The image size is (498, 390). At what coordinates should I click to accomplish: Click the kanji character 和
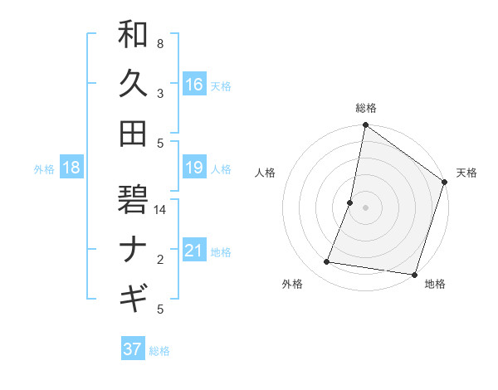(x=133, y=36)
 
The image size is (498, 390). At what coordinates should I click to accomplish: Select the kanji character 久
(x=133, y=84)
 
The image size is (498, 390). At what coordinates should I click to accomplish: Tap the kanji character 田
(x=133, y=133)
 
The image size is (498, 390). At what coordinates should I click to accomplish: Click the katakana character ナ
(x=133, y=248)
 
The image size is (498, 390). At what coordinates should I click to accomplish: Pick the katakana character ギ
(x=133, y=296)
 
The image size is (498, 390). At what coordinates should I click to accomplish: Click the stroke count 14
(x=161, y=210)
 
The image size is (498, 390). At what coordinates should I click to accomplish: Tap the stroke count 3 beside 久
(x=160, y=94)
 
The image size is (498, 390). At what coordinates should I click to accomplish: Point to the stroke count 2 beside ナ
(x=160, y=260)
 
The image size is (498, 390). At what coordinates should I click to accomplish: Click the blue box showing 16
(x=193, y=84)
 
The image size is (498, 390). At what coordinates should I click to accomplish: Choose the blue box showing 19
(x=193, y=168)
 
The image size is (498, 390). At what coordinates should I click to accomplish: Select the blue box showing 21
(x=193, y=251)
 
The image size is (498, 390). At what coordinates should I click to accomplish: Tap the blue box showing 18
(x=71, y=168)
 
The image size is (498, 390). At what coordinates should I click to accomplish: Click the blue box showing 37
(x=132, y=349)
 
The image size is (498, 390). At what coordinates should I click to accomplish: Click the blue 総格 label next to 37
(x=159, y=351)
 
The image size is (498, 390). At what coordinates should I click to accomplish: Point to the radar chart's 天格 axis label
(x=466, y=173)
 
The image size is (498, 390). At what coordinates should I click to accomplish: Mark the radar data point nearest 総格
(x=365, y=126)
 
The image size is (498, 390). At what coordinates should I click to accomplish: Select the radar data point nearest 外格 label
(x=327, y=262)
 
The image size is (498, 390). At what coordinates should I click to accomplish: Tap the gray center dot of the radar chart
(x=365, y=207)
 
